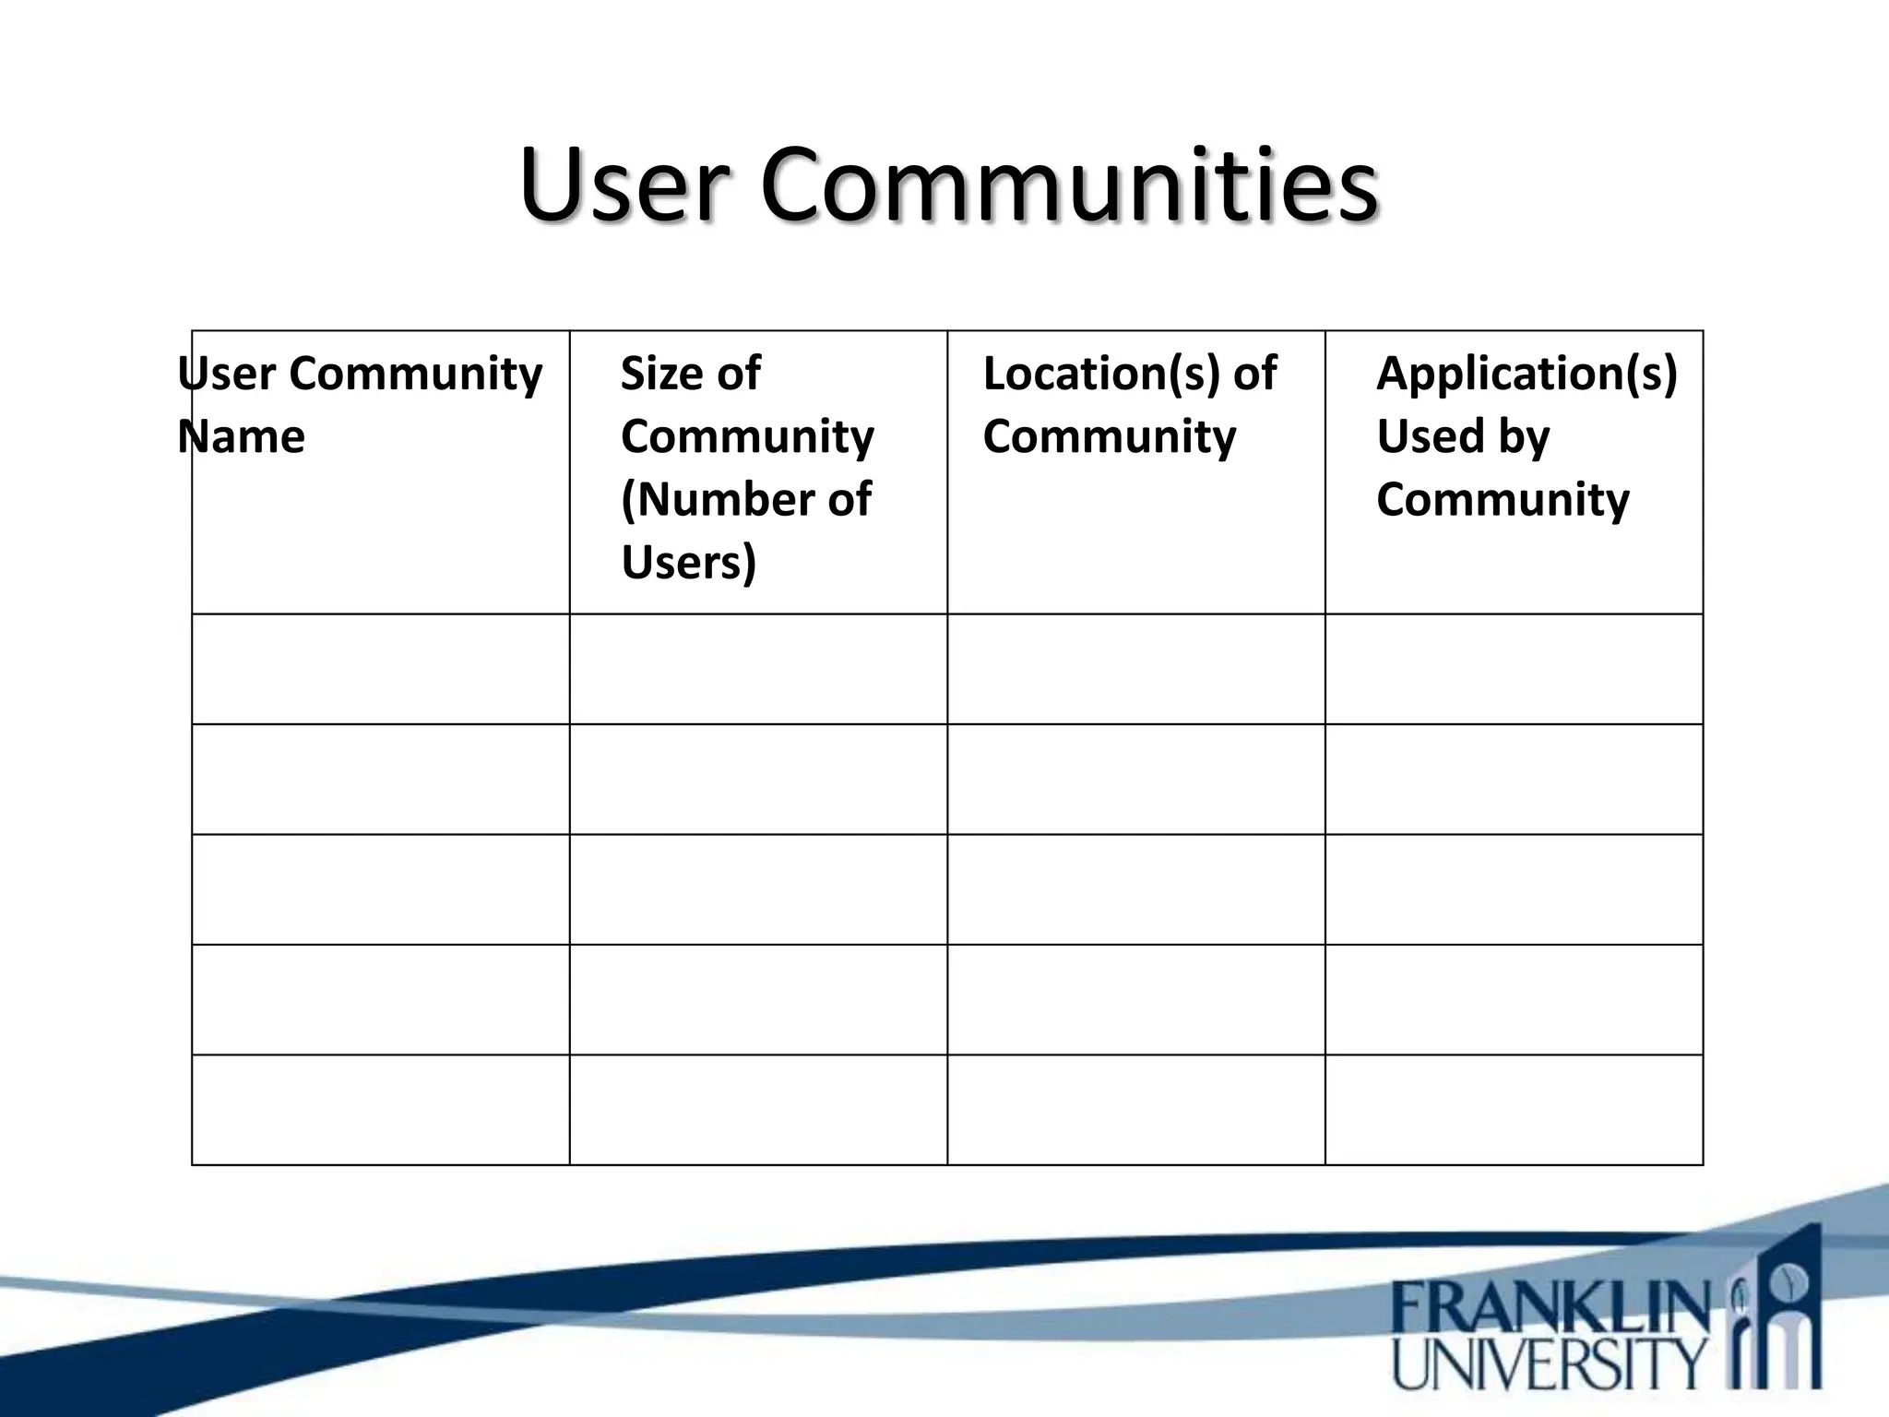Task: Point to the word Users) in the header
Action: click(688, 562)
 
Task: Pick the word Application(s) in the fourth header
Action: click(1527, 374)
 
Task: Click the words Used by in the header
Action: click(1463, 436)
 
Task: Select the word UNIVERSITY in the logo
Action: click(1550, 1364)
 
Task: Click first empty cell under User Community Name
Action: click(381, 669)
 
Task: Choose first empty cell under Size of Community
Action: click(758, 669)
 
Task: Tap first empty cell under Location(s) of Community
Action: click(1136, 669)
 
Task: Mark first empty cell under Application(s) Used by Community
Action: click(1514, 669)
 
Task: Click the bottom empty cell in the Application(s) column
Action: click(1514, 1110)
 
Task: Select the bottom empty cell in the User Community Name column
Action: click(381, 1110)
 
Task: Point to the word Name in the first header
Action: click(242, 436)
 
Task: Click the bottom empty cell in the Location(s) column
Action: click(1136, 1110)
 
